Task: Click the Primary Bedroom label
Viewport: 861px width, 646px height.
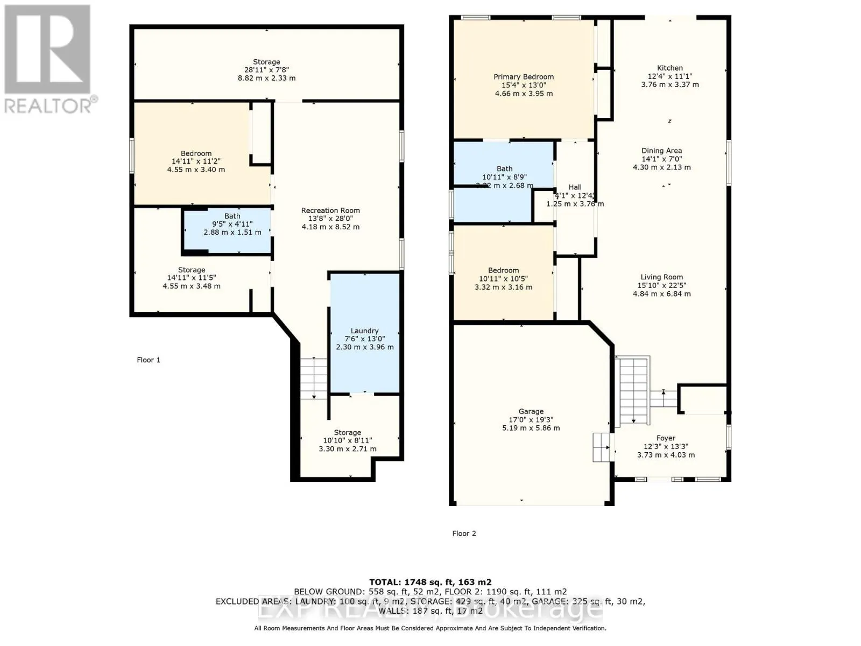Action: click(x=524, y=77)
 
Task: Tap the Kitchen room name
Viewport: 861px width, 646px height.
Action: click(x=670, y=68)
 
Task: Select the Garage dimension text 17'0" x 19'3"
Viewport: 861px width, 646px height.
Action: click(x=531, y=420)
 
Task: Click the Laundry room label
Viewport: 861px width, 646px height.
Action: click(x=364, y=331)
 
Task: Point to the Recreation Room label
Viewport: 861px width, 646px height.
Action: click(x=330, y=210)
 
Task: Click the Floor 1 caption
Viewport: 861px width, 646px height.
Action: click(x=149, y=360)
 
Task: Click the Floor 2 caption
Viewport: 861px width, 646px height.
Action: click(x=464, y=533)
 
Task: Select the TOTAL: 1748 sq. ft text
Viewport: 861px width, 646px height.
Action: click(x=430, y=582)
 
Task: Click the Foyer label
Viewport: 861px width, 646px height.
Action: click(x=666, y=438)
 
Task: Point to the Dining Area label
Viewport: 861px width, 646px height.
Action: click(x=661, y=151)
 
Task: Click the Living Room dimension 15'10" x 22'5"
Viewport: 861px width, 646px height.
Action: click(x=661, y=285)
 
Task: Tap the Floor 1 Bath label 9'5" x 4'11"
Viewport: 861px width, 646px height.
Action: click(x=232, y=224)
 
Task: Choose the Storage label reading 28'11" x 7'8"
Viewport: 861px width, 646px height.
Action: click(x=266, y=70)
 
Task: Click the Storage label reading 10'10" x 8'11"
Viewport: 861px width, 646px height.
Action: click(x=347, y=440)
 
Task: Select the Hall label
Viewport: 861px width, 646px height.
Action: click(x=575, y=187)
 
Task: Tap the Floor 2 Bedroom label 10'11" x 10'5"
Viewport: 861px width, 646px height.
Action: click(x=504, y=279)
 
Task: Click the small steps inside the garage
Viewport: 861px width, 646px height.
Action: click(x=603, y=447)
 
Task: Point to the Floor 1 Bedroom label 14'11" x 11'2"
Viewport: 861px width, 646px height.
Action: click(x=196, y=161)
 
